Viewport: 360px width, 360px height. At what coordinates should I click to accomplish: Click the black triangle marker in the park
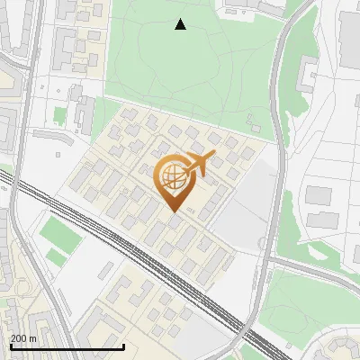(x=181, y=24)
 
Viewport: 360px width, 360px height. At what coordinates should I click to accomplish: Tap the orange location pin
(x=175, y=180)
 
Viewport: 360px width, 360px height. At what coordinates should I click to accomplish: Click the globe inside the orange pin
(x=173, y=175)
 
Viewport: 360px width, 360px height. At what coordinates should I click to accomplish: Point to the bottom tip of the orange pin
(x=175, y=211)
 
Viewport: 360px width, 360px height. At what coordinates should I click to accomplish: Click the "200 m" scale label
(x=23, y=338)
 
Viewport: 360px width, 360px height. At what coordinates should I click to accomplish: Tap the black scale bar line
(x=67, y=346)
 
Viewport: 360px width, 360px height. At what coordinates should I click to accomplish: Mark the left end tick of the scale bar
(x=12, y=345)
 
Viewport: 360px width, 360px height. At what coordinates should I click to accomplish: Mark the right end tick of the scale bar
(x=123, y=345)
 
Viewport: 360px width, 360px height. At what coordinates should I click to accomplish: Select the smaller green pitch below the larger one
(x=56, y=257)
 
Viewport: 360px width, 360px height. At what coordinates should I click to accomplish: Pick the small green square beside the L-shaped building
(x=60, y=116)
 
